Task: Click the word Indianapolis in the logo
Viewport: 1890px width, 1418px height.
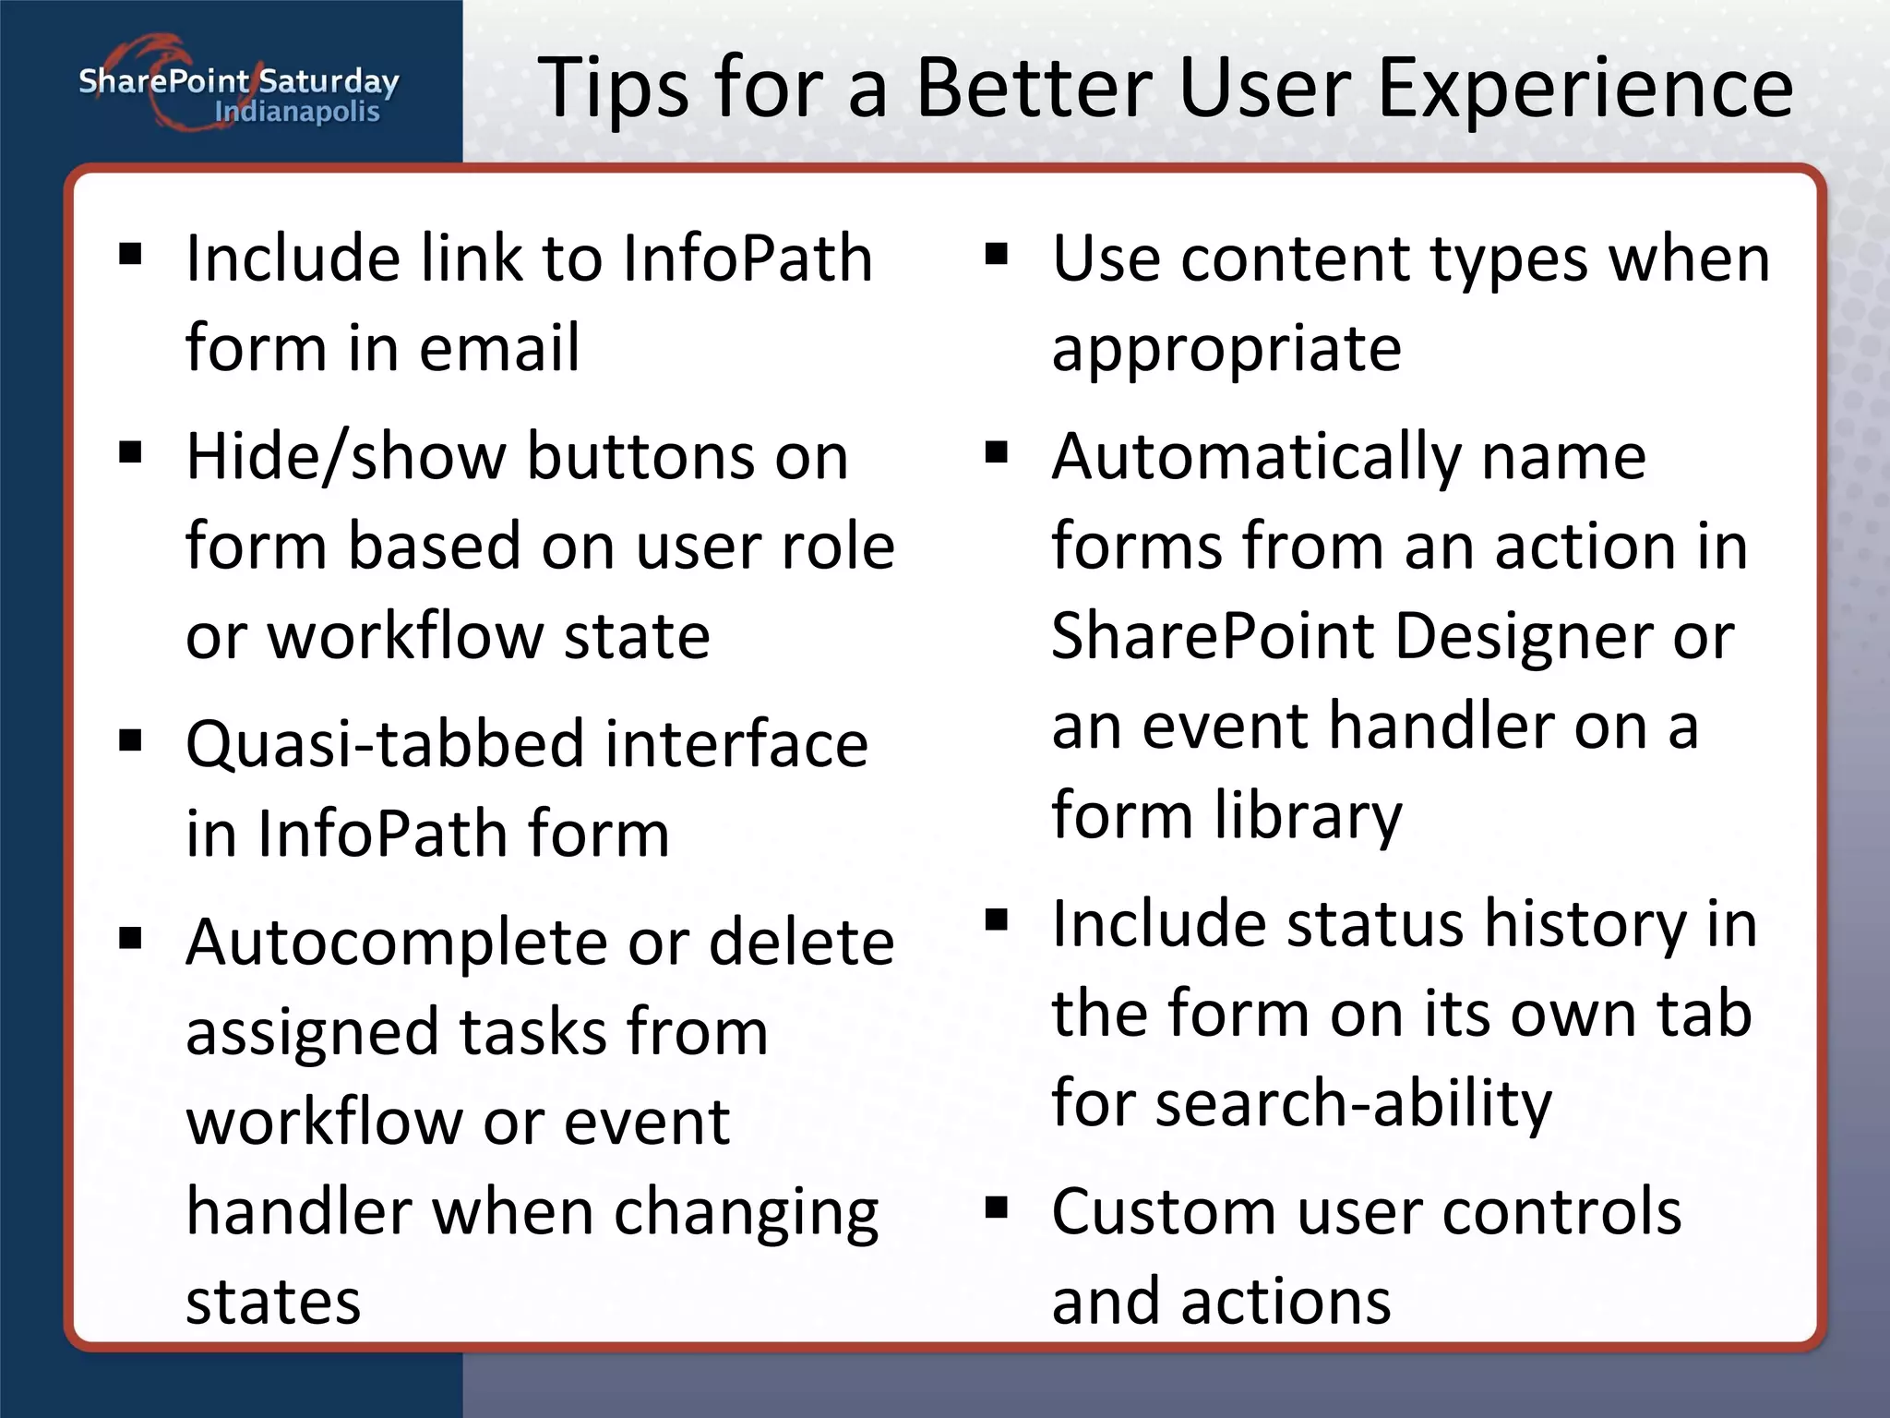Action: coord(296,112)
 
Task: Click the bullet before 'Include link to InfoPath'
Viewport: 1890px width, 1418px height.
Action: coord(131,253)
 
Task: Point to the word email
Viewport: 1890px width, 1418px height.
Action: coord(499,348)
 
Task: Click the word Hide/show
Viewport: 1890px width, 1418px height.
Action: coord(346,456)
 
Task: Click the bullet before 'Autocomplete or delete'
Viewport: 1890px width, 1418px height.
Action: coord(131,939)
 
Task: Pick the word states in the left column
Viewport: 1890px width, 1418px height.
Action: coord(273,1302)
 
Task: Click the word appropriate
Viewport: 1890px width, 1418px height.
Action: coord(1226,349)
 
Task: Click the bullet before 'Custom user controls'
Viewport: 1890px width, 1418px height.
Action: coord(997,1208)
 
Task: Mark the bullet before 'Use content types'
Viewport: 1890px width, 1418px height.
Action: coord(997,253)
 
